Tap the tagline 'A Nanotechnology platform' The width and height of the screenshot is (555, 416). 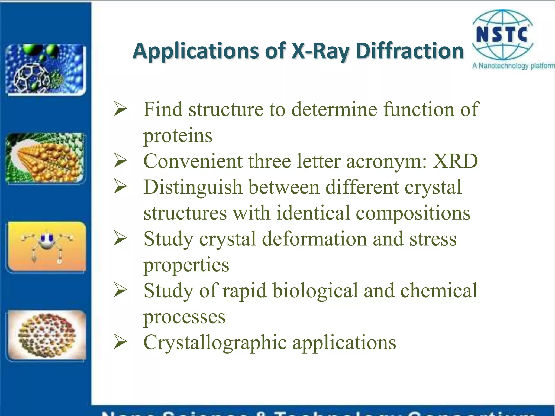513,66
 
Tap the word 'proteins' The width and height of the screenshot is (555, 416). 178,135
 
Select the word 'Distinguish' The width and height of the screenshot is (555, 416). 193,187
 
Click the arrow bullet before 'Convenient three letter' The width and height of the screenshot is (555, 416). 120,161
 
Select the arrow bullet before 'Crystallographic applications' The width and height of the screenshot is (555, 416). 120,342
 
